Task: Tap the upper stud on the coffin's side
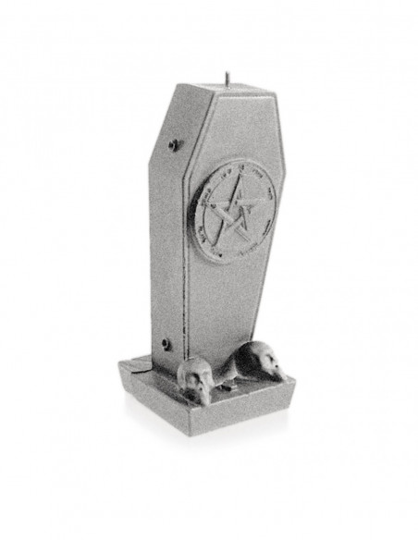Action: pos(173,144)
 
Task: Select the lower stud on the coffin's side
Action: pos(166,344)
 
